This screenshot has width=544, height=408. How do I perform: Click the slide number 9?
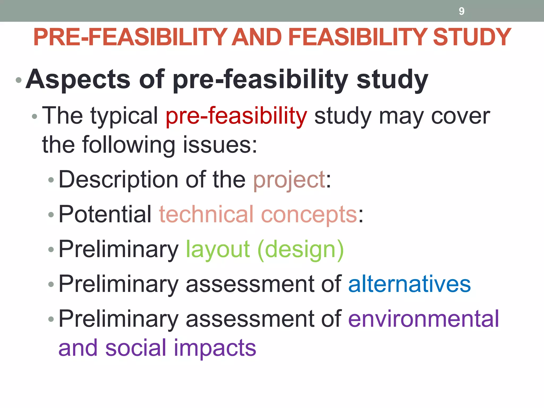click(461, 11)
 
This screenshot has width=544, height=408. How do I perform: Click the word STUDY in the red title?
click(472, 37)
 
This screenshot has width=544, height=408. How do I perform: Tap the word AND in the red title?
click(257, 37)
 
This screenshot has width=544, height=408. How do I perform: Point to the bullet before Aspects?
click(19, 80)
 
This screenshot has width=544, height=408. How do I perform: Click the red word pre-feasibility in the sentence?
click(236, 116)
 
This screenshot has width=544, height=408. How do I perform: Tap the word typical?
click(124, 116)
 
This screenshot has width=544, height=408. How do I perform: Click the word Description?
click(118, 180)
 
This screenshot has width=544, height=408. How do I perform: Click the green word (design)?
click(301, 250)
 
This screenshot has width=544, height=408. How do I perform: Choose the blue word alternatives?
click(409, 284)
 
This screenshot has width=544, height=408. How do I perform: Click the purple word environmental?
click(423, 319)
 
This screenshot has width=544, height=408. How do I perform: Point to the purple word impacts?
click(215, 348)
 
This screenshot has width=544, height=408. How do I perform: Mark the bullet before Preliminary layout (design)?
click(51, 249)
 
